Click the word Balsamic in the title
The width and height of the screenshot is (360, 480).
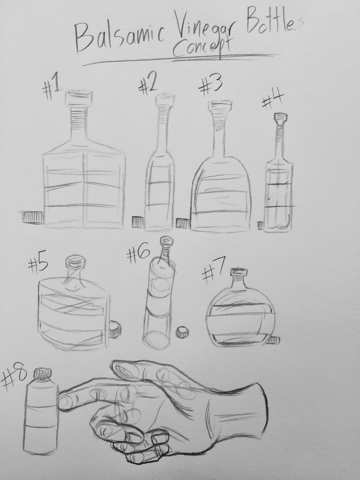point(119,37)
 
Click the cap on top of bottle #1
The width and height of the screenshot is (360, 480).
point(79,98)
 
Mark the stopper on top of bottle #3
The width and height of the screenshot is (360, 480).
point(220,106)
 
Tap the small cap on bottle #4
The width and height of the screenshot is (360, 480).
point(280,117)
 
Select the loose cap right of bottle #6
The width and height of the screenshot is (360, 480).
point(183,332)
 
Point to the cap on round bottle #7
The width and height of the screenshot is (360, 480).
point(238,272)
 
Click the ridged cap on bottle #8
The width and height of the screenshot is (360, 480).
point(42,373)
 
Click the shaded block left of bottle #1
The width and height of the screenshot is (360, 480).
point(32,217)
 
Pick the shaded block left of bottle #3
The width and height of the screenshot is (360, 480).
point(182,223)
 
